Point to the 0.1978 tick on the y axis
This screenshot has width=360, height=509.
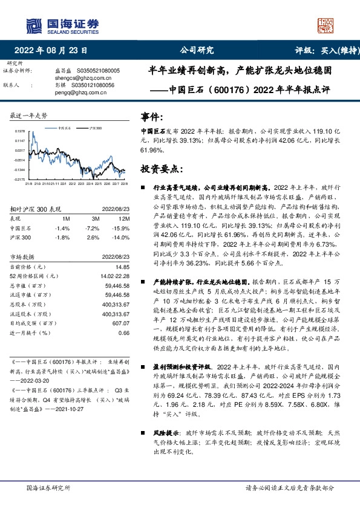click(20, 131)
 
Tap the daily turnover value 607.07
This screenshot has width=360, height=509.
click(122, 323)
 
